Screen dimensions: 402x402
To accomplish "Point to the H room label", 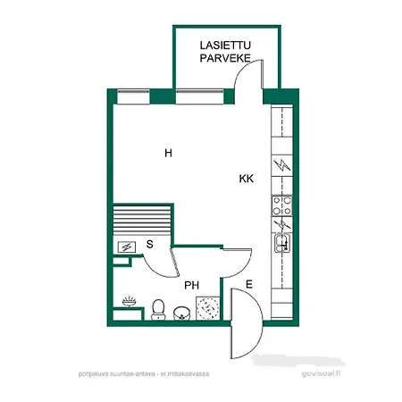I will (167, 154).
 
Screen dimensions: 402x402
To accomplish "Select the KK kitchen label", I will (247, 179).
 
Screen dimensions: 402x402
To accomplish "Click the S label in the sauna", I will (149, 243).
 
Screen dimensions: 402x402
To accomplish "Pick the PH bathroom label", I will (190, 286).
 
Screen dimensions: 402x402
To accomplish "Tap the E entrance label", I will (249, 286).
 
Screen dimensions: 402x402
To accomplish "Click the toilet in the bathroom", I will (159, 309).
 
